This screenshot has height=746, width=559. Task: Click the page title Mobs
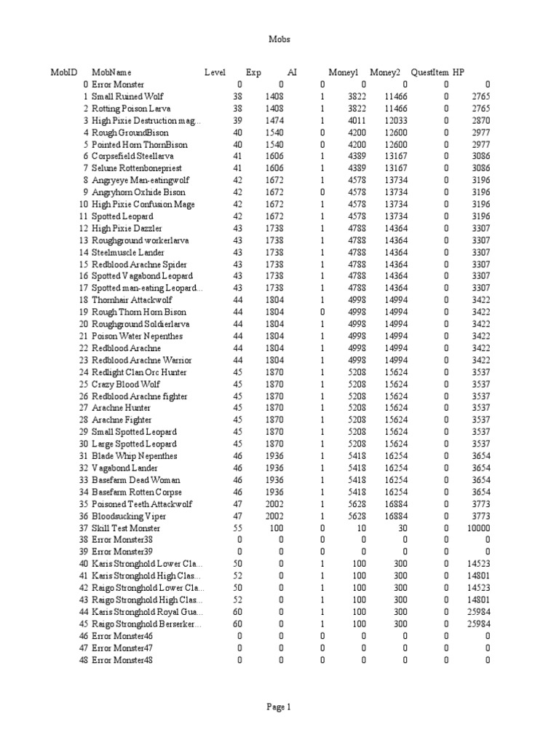279,39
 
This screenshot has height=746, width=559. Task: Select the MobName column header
111,72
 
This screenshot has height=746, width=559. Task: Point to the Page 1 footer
279,707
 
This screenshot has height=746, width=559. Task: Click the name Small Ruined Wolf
127,96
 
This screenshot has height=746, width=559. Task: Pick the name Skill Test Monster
126,528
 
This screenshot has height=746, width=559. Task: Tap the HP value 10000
478,528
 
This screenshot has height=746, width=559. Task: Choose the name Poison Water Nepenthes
137,337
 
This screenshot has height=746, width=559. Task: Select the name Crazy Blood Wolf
123,384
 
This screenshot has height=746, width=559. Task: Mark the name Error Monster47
122,648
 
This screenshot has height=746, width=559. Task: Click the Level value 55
237,528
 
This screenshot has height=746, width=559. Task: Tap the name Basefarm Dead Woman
136,480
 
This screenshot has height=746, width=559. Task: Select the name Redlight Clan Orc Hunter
140,372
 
